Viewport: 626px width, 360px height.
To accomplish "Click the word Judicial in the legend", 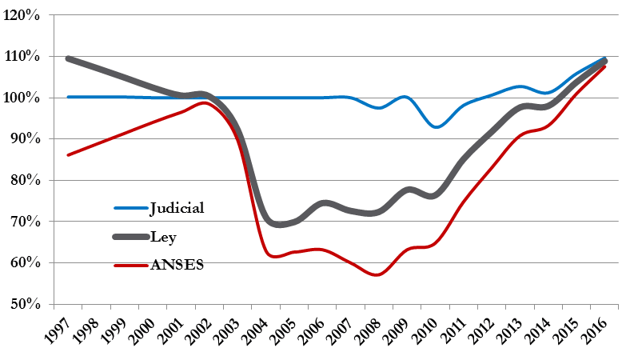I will click(x=177, y=208).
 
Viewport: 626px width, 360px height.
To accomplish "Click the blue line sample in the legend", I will click(x=130, y=208).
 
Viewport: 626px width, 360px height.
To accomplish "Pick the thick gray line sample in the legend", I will click(x=130, y=236).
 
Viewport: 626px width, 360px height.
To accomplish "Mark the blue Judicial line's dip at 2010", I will click(x=436, y=126).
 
